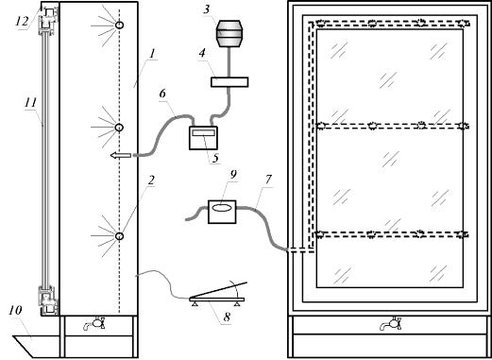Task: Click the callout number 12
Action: pos(23,21)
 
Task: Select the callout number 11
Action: pos(30,103)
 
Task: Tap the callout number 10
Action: pos(15,310)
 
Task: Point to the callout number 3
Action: pos(206,9)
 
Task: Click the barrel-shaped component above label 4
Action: pos(229,34)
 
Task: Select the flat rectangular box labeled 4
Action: pos(229,82)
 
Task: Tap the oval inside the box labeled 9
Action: pos(222,208)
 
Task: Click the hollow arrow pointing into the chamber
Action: pos(120,155)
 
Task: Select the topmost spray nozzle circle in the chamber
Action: pos(119,25)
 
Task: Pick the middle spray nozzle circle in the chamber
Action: pos(119,128)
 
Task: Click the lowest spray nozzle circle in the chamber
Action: pos(119,236)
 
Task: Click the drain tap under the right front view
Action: pos(391,323)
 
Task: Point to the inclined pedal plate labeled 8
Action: pos(218,290)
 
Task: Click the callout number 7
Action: pos(268,180)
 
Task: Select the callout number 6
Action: pos(162,94)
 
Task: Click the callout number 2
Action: pos(151,180)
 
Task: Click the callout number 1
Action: pos(152,54)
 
